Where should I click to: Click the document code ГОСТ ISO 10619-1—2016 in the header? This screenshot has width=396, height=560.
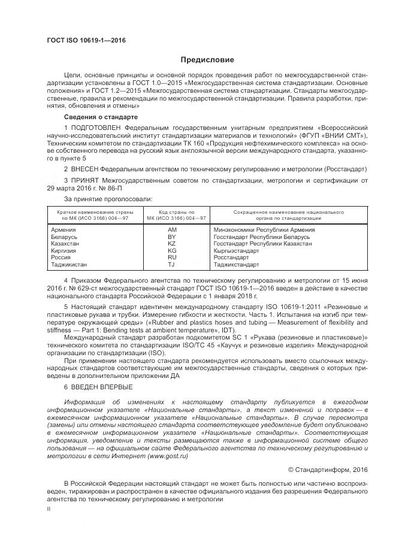[x=86, y=41]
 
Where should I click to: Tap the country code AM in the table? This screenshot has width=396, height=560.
[x=173, y=230]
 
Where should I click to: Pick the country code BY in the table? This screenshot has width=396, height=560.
[x=172, y=237]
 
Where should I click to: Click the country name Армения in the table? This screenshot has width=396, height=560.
[x=64, y=230]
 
